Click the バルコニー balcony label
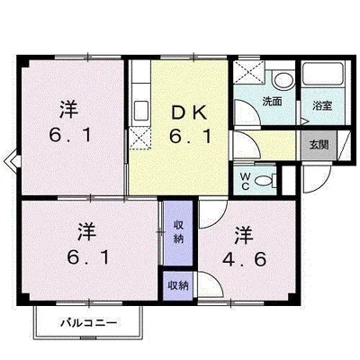point(89,323)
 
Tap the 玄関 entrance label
point(319,145)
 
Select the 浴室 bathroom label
point(322,105)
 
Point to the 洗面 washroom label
point(272,102)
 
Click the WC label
point(246,181)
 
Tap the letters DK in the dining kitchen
point(189,113)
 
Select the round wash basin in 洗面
point(283,79)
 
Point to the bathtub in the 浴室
point(322,74)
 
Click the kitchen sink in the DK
point(140,110)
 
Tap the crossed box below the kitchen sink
point(139,138)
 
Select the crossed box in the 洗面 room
point(249,73)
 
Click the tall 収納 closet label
point(178,233)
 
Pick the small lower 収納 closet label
point(178,285)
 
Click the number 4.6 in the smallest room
point(245,259)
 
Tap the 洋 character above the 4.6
point(244,235)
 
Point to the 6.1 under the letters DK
point(191,137)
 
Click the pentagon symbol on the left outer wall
point(12,162)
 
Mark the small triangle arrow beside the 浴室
point(305,121)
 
